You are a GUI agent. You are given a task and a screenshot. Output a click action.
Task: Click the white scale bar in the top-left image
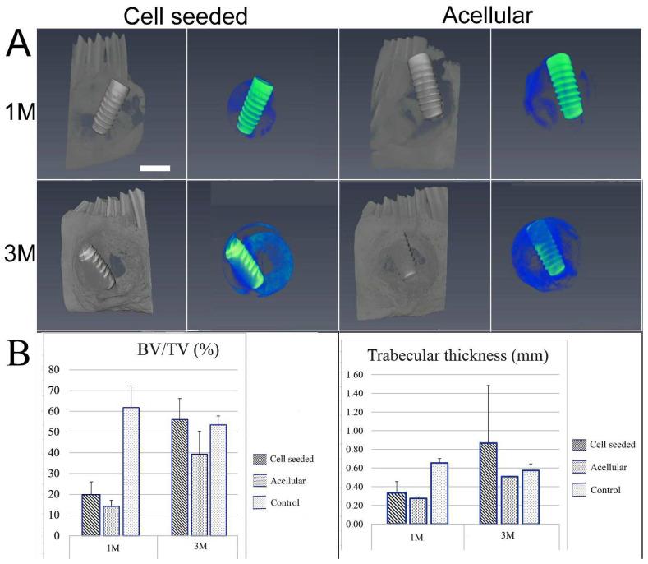coord(154,168)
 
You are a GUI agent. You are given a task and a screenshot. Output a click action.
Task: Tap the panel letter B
coord(20,355)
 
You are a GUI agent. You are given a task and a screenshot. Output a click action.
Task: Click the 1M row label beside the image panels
coord(19,112)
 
